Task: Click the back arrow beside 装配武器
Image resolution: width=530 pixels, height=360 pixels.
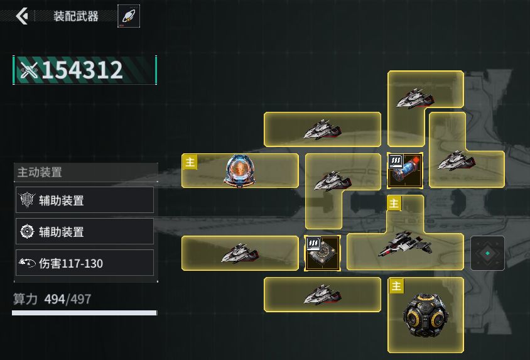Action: (22, 16)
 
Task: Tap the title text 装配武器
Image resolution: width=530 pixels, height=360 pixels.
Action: (76, 16)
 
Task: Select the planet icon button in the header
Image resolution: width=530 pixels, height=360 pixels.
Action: (129, 16)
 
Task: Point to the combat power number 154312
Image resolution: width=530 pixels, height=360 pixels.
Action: (82, 70)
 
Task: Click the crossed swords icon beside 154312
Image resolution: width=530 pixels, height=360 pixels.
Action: (29, 70)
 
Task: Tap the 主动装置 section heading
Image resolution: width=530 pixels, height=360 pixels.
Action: (40, 172)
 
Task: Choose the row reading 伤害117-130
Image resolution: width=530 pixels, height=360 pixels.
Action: (85, 263)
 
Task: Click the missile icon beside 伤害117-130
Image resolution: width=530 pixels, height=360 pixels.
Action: (27, 263)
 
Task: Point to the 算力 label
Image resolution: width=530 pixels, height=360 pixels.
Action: (24, 299)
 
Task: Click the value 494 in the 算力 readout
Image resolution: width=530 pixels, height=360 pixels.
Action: (55, 299)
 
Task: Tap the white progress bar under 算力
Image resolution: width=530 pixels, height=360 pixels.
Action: (85, 313)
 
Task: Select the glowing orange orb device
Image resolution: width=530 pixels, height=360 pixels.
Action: (240, 170)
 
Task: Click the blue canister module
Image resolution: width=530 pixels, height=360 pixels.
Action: (405, 170)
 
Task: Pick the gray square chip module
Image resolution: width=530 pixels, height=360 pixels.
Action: (323, 253)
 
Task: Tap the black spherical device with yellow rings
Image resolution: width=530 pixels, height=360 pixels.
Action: (426, 315)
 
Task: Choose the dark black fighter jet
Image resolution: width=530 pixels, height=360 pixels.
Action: (405, 244)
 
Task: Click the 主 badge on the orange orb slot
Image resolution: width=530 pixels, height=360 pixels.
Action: (190, 162)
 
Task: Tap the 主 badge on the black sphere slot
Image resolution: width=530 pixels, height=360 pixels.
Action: (396, 286)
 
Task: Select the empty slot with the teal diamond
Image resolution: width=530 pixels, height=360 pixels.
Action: (487, 253)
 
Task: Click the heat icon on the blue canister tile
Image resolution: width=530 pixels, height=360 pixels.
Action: (396, 161)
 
